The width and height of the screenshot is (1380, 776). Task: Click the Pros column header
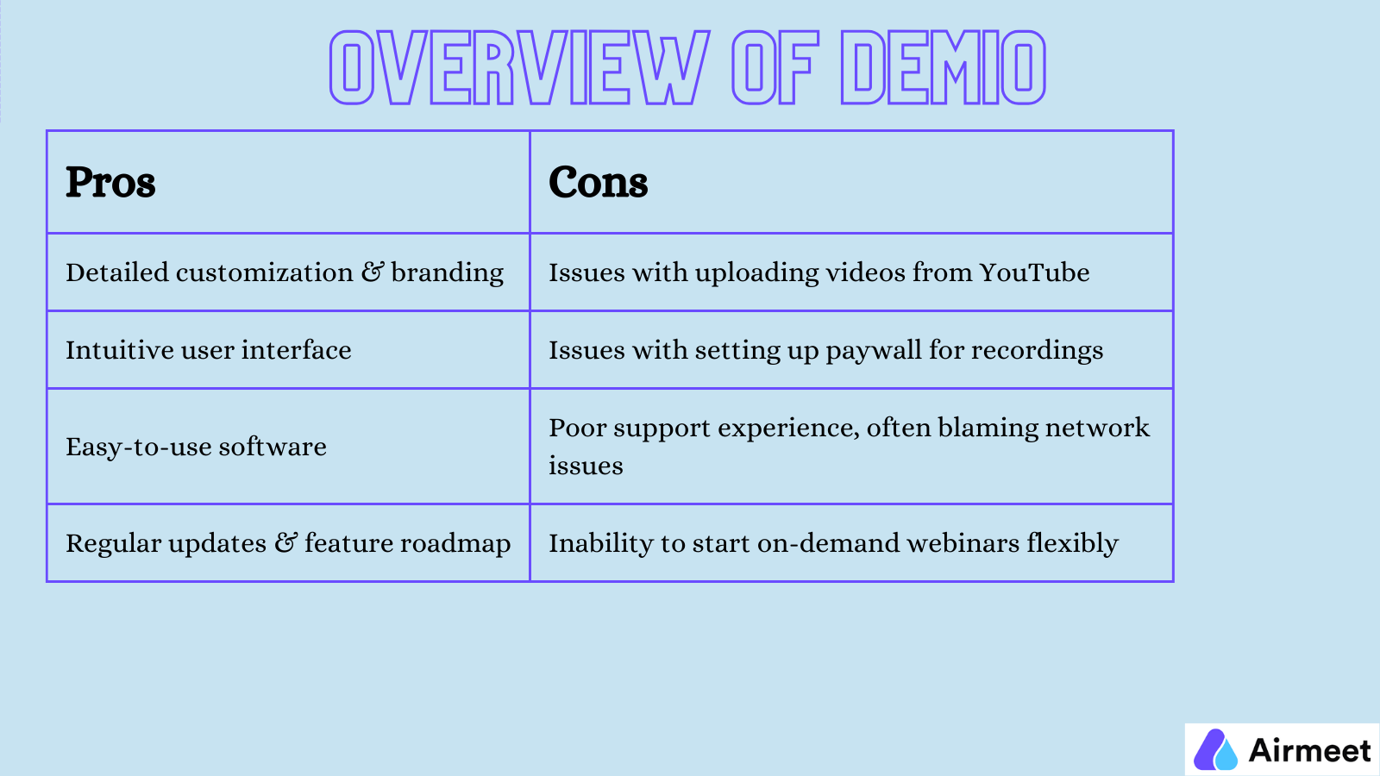coord(110,183)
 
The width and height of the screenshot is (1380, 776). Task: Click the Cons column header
coord(598,183)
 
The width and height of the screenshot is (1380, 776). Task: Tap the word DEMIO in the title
coord(943,67)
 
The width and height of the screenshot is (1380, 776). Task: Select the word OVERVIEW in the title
coord(519,67)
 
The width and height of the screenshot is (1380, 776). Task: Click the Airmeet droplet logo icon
coord(1215,749)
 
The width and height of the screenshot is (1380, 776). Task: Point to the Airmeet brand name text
coord(1309,750)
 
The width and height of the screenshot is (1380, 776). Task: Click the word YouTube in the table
coord(1034,272)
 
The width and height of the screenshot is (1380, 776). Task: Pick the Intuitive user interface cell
coord(209,350)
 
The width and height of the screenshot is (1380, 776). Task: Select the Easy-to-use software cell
coord(196,447)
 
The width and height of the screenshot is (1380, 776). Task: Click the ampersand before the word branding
coord(373,272)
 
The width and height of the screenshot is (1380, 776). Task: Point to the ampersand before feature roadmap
coord(285,543)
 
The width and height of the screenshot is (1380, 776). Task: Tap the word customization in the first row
coord(264,272)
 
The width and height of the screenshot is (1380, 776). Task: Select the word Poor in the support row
coord(577,428)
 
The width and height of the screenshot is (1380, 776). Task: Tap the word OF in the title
coord(774,67)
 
